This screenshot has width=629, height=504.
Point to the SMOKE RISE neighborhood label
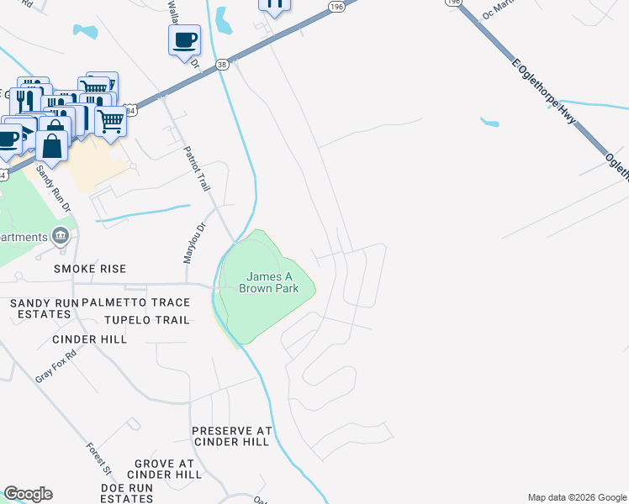90,269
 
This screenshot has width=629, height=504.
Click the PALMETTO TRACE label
135,302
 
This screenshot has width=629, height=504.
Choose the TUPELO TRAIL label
146,320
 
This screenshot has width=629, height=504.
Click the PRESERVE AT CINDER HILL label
232,436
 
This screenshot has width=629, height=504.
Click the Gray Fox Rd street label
55,365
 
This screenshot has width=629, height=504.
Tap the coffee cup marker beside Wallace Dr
184,39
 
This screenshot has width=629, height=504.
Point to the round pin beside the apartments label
61,236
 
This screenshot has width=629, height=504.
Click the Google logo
28,494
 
